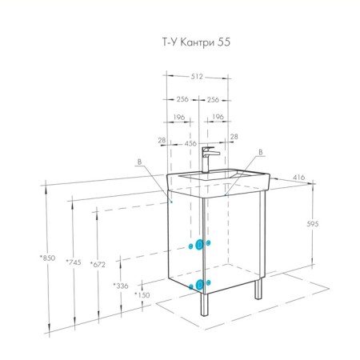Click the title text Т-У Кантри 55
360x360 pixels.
click(196, 42)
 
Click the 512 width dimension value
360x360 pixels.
click(197, 77)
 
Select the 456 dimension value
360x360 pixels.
click(190, 143)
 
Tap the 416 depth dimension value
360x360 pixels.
click(298, 178)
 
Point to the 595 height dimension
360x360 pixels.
click(313, 224)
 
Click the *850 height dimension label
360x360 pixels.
click(48, 258)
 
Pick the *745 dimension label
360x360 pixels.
click(74, 262)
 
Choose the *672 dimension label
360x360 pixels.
click(98, 265)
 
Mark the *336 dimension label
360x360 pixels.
click(121, 286)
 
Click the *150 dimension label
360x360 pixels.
click(142, 295)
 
